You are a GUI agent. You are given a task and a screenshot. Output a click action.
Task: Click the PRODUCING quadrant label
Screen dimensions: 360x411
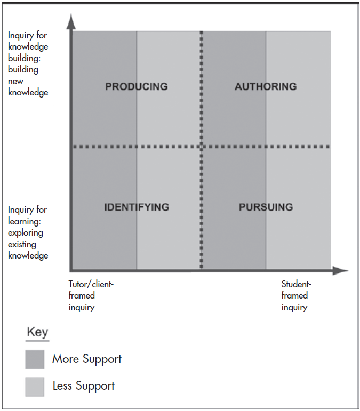(137, 86)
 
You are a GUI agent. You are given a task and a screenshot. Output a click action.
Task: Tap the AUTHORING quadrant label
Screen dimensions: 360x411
(266, 86)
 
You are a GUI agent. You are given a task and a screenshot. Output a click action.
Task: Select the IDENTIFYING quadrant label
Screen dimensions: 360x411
(137, 207)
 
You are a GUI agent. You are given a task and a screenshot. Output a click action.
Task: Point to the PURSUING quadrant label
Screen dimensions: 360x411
(266, 207)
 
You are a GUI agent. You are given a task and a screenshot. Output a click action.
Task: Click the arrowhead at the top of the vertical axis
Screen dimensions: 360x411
(71, 21)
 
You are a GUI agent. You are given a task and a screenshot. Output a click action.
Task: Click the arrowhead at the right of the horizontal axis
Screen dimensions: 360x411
(340, 270)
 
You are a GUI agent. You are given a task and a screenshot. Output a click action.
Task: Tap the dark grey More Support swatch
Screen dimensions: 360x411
(35, 359)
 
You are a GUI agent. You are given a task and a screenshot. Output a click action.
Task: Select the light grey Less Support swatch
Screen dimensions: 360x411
(35, 387)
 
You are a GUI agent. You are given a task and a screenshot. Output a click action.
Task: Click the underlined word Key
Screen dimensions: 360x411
(37, 332)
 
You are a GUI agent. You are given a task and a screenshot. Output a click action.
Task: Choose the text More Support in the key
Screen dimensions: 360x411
(87, 359)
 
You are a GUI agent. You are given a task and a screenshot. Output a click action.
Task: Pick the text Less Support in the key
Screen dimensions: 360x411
(84, 386)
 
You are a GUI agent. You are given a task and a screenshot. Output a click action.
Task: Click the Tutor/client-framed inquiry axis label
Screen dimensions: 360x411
(91, 296)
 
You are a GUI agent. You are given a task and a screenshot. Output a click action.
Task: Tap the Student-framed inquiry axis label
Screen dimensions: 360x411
(296, 296)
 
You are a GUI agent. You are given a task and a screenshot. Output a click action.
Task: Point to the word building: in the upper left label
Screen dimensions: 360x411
(24, 58)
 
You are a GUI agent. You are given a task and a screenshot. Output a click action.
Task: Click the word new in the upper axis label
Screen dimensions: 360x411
(15, 82)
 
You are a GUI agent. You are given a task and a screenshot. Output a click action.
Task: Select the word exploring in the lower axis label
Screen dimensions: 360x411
(26, 233)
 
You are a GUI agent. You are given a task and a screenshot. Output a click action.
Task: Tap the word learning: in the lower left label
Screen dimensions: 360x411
(25, 221)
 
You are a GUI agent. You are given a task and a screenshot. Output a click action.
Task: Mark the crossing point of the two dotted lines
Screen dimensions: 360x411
(202, 147)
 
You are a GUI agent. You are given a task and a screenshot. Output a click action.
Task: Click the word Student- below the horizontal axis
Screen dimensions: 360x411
(296, 284)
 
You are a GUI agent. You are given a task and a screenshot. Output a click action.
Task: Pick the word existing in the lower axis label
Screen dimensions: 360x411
(22, 245)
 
